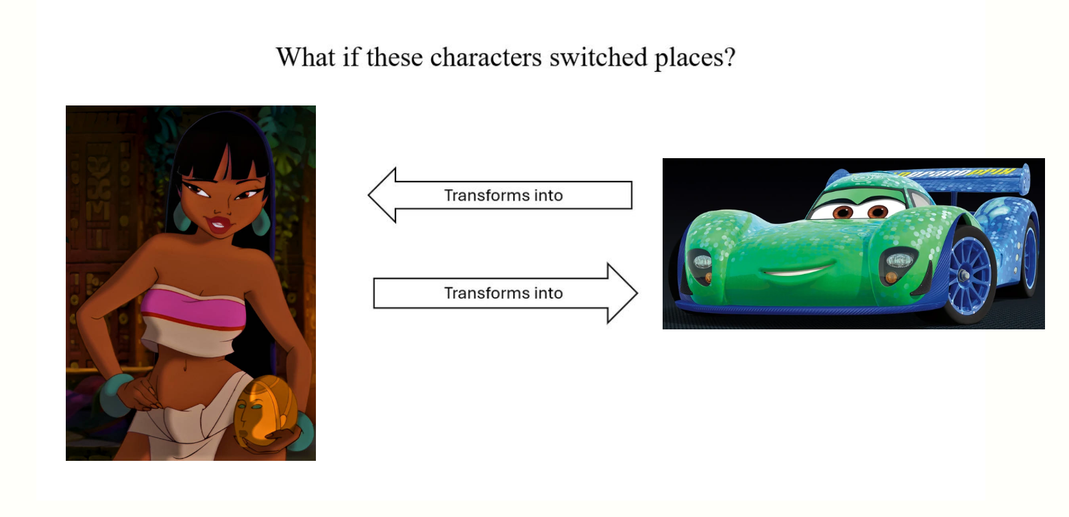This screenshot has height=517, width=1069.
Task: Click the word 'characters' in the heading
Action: tap(486, 58)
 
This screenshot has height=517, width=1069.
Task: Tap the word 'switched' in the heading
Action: tap(598, 58)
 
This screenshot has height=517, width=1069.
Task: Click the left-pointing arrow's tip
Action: tap(369, 194)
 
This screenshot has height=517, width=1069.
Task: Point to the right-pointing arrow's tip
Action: tap(637, 293)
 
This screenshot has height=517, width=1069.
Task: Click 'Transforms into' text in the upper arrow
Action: tap(504, 196)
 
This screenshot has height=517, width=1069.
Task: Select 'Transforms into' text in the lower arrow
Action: tap(504, 293)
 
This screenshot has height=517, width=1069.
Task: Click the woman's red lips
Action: tap(218, 224)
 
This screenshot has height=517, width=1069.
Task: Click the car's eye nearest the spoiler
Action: tap(877, 210)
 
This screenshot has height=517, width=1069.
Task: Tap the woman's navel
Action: tap(185, 368)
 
